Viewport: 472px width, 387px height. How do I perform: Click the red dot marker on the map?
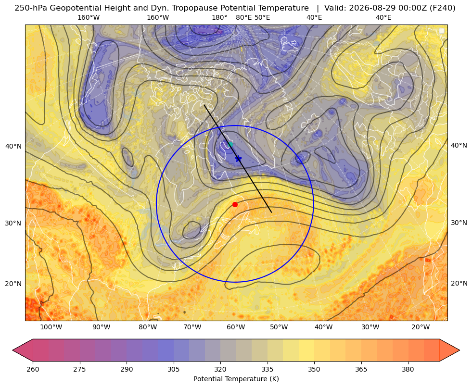[x=235, y=204]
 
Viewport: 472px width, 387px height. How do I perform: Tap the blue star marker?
[x=238, y=159]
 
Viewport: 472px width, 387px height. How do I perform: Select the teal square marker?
[x=230, y=144]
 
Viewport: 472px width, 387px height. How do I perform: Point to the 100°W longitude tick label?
[x=51, y=327]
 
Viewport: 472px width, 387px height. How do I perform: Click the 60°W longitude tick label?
[x=236, y=327]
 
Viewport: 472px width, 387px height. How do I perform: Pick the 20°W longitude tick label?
[x=421, y=327]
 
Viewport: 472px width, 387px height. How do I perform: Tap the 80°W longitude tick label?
[x=148, y=327]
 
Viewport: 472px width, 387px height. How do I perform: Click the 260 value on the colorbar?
[x=33, y=369]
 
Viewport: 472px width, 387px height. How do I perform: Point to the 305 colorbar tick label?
[x=174, y=369]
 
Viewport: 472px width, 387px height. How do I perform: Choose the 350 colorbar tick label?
[x=314, y=369]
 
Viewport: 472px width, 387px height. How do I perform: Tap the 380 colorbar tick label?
[x=408, y=369]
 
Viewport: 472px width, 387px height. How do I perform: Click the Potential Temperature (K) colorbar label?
[x=236, y=379]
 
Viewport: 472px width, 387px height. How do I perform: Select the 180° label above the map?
[x=220, y=17]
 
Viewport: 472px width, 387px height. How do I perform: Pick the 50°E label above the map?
[x=262, y=17]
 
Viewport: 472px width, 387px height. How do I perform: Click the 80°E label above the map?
[x=243, y=17]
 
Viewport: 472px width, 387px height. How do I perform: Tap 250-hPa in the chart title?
[x=31, y=8]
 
